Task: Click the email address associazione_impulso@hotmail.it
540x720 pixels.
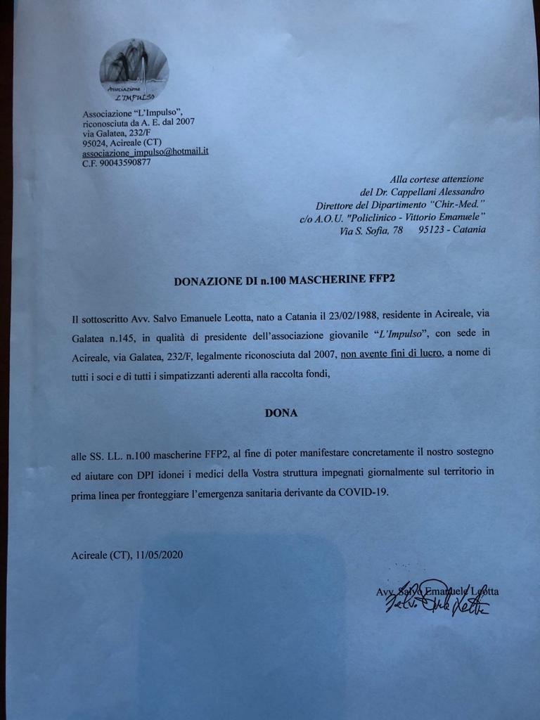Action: pos(145,152)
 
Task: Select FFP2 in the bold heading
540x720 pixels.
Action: pos(381,280)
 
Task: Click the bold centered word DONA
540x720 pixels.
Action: pos(281,413)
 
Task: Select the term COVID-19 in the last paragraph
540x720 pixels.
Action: pos(361,493)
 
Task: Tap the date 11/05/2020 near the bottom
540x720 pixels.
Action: pos(161,555)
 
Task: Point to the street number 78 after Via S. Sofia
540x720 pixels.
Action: pos(397,230)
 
